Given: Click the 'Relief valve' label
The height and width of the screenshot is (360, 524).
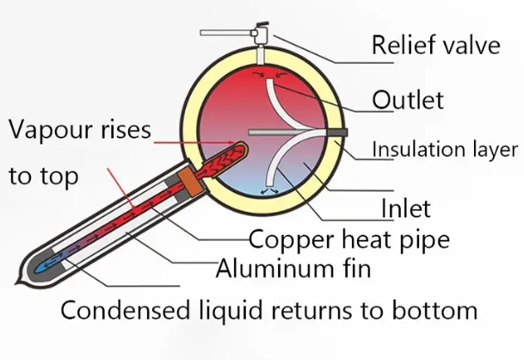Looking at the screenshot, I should click(x=435, y=45).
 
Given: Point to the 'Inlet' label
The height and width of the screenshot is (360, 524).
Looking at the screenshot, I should click(x=404, y=208).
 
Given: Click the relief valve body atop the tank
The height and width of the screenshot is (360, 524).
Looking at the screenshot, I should click(x=259, y=35).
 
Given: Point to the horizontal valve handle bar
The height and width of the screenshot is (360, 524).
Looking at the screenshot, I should click(x=224, y=34).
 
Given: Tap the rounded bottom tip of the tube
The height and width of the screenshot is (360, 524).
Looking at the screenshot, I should click(x=27, y=270).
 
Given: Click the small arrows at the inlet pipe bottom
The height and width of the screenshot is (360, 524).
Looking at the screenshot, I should click(x=272, y=193).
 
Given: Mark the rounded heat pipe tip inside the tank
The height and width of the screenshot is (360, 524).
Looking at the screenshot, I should click(x=243, y=148).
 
